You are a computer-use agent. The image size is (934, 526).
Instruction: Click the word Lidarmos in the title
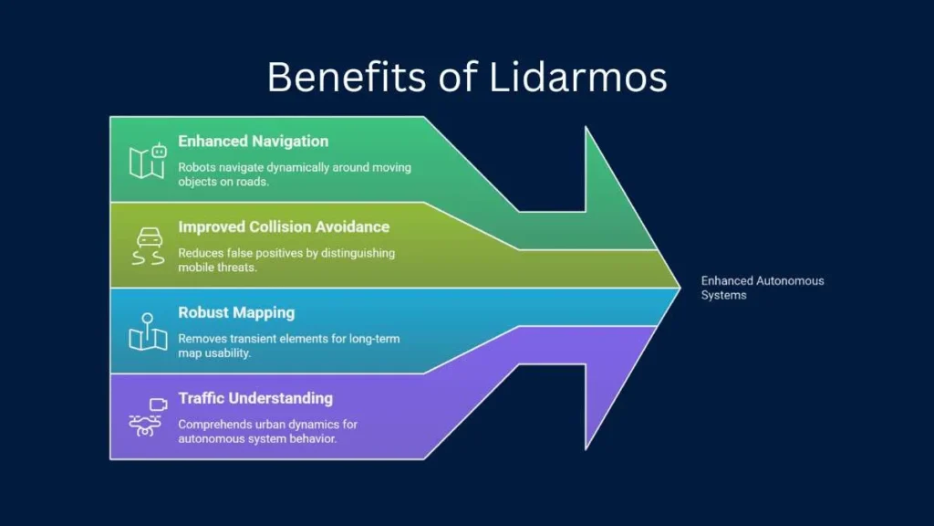577,77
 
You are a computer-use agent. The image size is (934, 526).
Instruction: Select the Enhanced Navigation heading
254,142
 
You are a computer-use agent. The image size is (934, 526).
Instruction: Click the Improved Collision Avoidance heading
284,227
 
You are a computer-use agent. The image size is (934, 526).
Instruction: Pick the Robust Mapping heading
236,313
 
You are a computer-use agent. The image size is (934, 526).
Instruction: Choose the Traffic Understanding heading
255,398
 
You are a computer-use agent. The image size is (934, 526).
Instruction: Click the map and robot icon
148,161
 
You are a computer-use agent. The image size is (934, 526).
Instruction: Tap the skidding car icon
149,246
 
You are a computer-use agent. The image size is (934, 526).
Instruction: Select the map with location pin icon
148,331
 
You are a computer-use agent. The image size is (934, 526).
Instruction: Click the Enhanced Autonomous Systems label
763,288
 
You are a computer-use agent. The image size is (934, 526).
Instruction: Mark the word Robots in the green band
197,168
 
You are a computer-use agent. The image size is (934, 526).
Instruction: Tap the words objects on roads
223,182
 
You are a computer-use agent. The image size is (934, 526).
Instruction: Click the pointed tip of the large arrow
680,288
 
